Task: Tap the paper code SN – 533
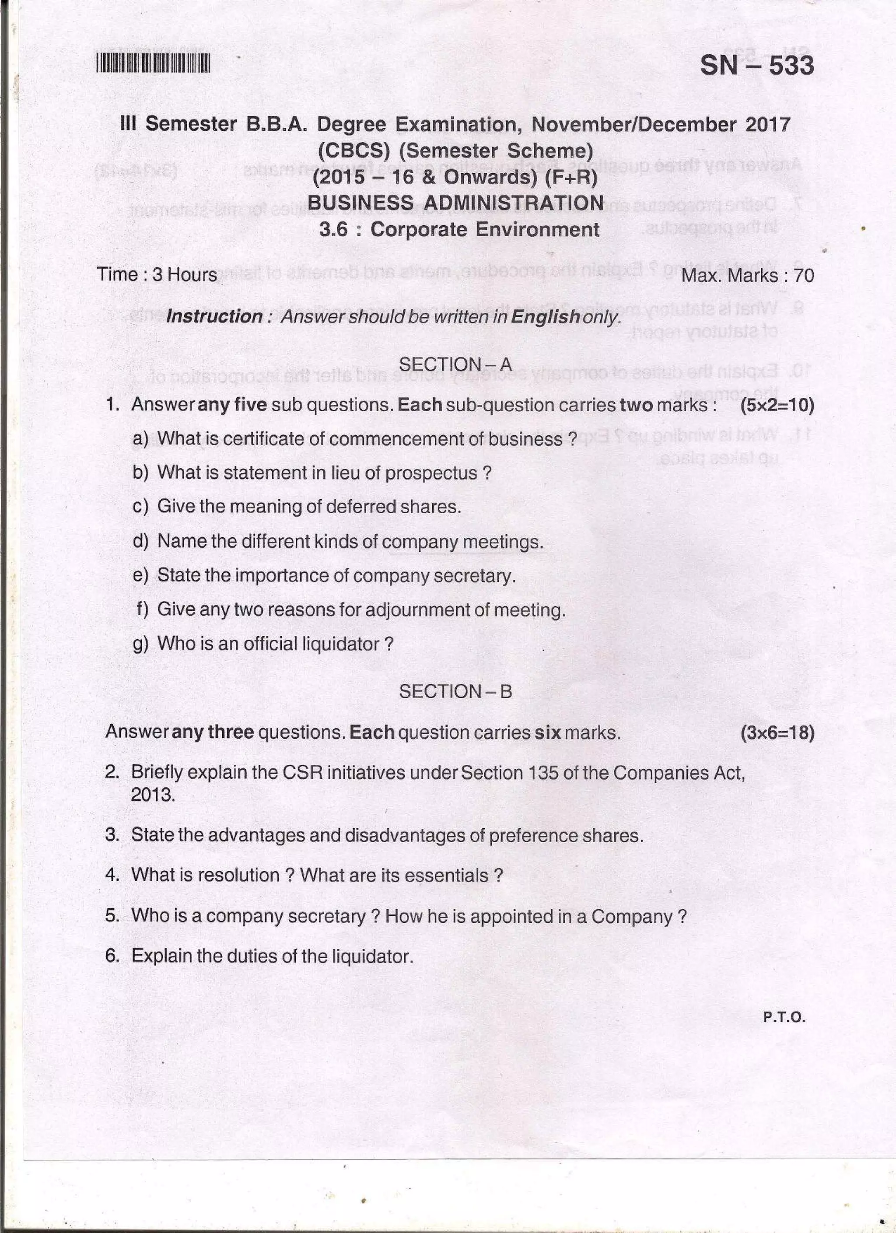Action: (756, 66)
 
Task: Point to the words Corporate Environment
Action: (484, 229)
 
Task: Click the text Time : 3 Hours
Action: (157, 274)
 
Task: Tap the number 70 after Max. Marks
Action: (804, 276)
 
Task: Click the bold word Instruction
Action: (214, 316)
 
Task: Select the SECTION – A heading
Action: (455, 364)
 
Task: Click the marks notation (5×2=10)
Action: (777, 405)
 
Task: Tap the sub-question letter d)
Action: (140, 542)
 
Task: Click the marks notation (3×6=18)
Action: (777, 733)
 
